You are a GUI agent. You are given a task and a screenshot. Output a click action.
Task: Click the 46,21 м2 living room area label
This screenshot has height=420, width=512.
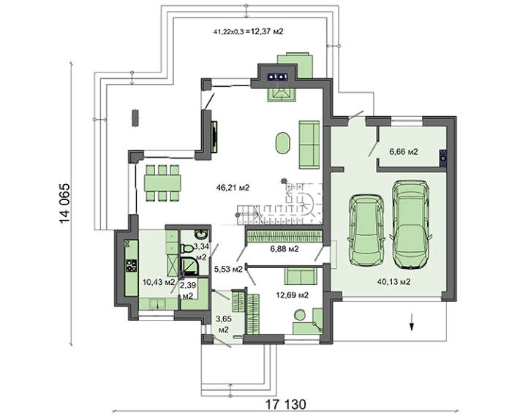click(x=233, y=188)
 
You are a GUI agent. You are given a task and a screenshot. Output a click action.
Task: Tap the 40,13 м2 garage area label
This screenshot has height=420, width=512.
click(x=394, y=281)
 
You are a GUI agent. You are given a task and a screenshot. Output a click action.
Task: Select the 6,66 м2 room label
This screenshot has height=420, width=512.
click(x=404, y=152)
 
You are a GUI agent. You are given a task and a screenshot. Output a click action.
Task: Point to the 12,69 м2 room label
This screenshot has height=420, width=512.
click(x=293, y=295)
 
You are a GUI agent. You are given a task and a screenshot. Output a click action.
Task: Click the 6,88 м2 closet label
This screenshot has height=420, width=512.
click(x=285, y=249)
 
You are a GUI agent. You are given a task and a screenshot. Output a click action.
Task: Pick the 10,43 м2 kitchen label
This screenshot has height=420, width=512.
click(x=159, y=282)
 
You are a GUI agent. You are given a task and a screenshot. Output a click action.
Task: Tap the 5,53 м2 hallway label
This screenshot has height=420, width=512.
click(x=228, y=269)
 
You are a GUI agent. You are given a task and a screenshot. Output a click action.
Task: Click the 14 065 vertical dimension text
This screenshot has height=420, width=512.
click(x=64, y=204)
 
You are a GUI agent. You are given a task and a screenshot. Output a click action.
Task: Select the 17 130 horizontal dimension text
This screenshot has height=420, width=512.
click(x=286, y=405)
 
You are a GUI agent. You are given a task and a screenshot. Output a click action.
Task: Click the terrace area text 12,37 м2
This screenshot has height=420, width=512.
click(x=267, y=31)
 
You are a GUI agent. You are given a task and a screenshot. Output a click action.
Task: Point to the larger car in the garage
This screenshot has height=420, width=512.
click(x=411, y=225)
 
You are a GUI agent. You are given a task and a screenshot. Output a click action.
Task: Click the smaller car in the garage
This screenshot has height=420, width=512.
click(x=366, y=230)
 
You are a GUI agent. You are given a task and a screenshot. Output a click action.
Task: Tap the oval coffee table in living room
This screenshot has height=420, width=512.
click(x=283, y=142)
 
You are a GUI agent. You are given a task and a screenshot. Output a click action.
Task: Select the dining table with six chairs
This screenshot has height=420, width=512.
click(x=162, y=183)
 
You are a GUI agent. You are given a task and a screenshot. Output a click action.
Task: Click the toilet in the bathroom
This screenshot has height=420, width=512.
click(x=187, y=248)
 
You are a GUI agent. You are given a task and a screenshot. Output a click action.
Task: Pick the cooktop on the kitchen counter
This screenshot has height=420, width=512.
click(x=132, y=265)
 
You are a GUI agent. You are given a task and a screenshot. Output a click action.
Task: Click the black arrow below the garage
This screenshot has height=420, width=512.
click(x=412, y=322)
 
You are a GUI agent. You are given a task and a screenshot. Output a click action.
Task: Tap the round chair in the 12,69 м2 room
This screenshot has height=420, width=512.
click(x=300, y=315)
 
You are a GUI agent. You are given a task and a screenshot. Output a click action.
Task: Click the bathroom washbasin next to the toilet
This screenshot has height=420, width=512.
click(x=200, y=234)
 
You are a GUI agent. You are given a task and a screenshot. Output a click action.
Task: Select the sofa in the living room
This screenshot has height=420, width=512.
click(x=309, y=145)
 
